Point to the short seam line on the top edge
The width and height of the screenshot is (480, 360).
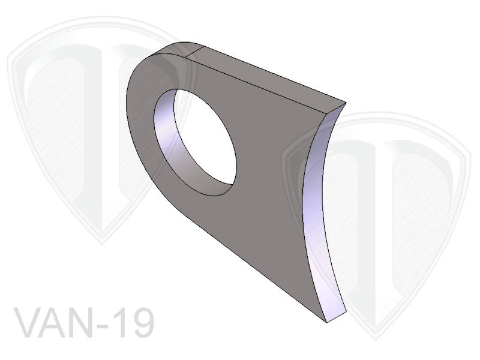pyautogui.click(x=190, y=52)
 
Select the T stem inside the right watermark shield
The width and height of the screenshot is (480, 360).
pyautogui.click(x=384, y=240)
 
